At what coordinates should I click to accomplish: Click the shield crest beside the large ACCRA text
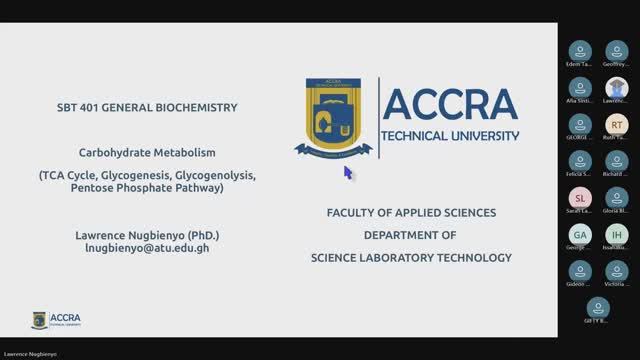(334, 117)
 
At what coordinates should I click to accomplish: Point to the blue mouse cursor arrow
(348, 172)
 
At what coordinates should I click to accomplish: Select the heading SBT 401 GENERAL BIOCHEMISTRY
(148, 107)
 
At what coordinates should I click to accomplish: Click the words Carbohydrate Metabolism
(148, 153)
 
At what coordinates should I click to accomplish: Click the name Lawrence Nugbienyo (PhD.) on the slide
(147, 235)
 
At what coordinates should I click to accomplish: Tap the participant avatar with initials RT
(617, 124)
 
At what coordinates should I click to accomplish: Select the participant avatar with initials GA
(579, 234)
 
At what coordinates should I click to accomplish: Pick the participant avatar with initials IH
(617, 234)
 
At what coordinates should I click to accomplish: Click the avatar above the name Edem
(579, 51)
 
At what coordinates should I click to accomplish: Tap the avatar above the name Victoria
(617, 270)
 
